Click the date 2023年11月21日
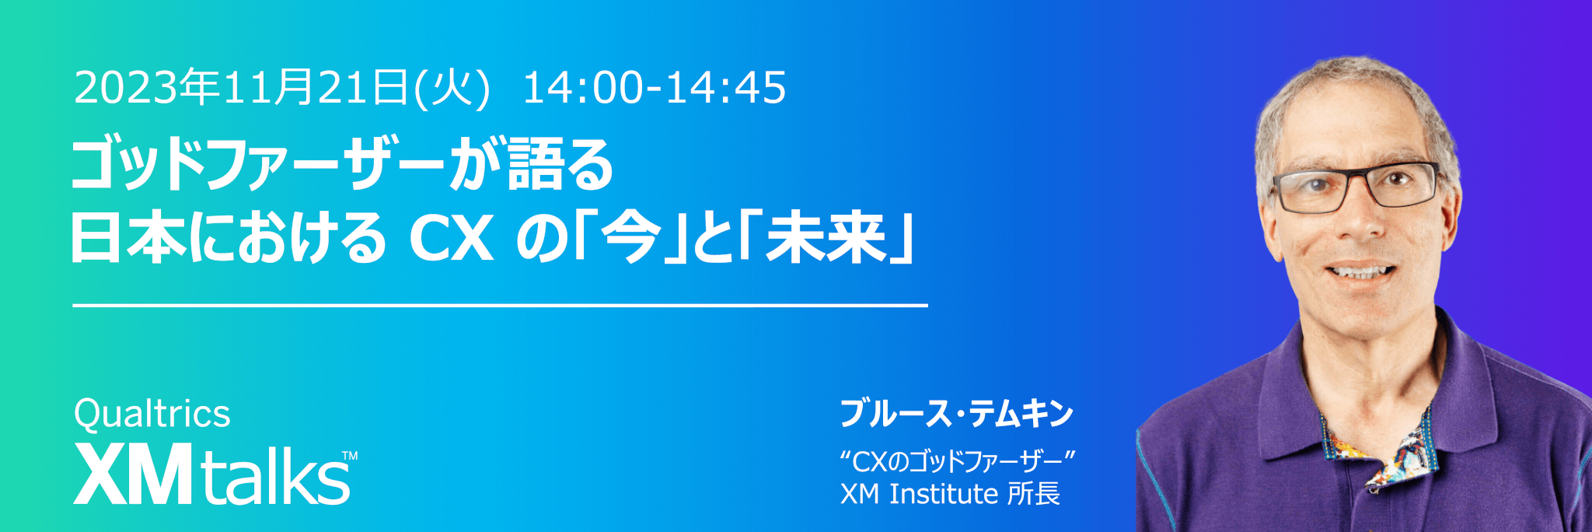241,87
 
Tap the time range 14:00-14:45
655,87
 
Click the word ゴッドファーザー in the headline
258,165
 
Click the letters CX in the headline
452,238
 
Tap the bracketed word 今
630,238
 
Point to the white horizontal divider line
501,306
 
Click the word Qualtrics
152,415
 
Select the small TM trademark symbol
350,456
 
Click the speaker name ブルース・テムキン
957,413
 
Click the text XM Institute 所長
950,494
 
